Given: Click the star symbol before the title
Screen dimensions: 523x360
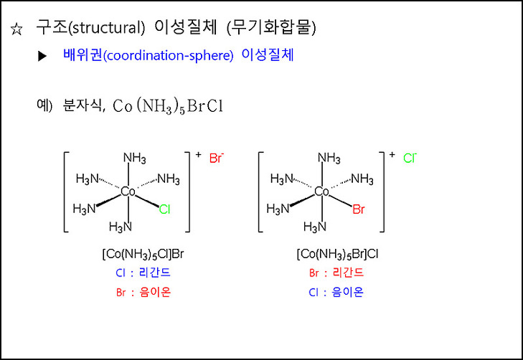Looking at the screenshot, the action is pos(16,30).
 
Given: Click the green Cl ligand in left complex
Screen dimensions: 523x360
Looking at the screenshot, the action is pos(164,210).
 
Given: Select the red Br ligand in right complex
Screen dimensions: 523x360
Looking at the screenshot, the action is pos(359,210).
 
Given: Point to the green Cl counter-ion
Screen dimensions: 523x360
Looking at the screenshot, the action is pos(410,158).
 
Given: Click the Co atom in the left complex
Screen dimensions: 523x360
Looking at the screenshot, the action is pos(128,191).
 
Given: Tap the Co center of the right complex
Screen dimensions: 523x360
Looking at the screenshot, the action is pos(321,191).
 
